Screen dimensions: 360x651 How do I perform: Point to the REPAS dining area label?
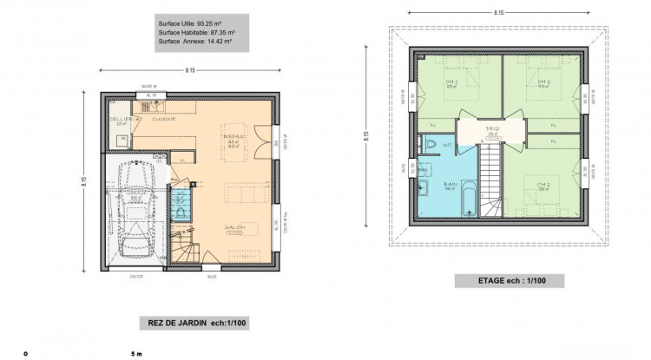pos(233,138)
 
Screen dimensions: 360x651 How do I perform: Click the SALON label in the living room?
pos(233,227)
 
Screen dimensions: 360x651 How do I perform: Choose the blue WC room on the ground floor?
pos(180,206)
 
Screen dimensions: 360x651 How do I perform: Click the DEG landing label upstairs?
pos(491,129)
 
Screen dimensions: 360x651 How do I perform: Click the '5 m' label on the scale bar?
pos(135,354)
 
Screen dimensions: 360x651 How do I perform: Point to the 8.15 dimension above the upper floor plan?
pos(500,13)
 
